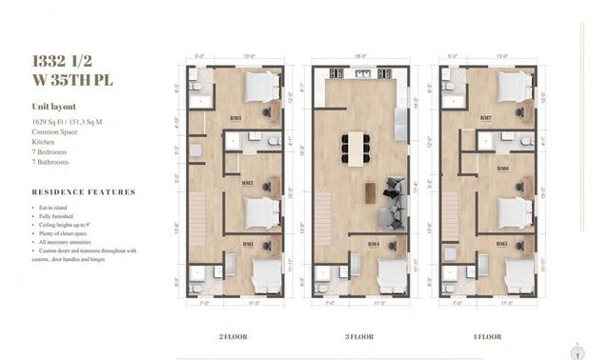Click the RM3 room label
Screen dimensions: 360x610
tap(234, 118)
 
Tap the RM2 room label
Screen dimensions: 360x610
tap(247, 183)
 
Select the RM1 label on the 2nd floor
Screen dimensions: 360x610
tap(248, 244)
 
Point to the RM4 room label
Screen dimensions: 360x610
tap(374, 244)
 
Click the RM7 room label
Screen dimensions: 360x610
tap(487, 118)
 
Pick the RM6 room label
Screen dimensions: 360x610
tap(501, 169)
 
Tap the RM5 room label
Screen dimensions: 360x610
tap(501, 244)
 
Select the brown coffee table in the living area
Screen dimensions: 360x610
tap(370, 190)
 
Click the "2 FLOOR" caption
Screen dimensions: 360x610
tap(234, 336)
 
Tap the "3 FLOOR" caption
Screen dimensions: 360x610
tap(360, 336)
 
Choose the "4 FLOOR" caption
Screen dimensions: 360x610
tap(486, 336)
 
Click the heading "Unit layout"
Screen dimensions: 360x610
tap(53, 108)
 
